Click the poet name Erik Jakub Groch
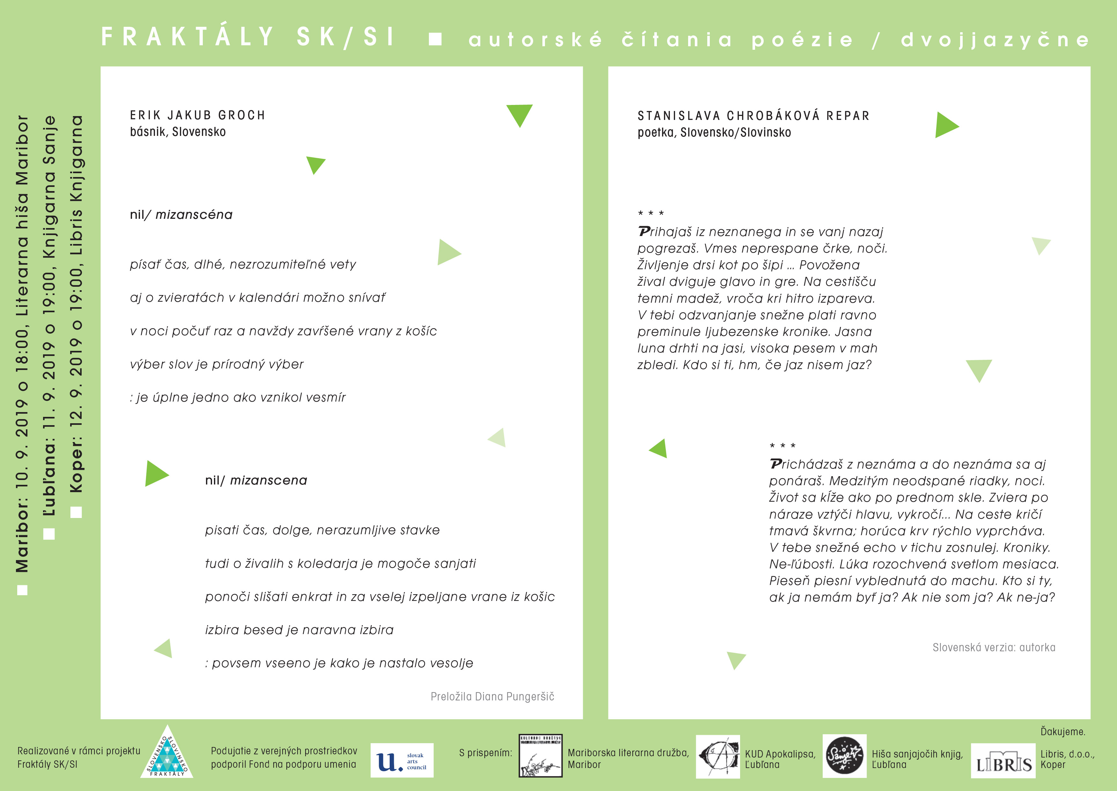(197, 115)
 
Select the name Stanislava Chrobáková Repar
(753, 116)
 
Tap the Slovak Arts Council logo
(402, 761)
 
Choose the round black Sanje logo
(844, 756)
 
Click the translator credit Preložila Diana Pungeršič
(492, 697)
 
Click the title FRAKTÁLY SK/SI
(248, 37)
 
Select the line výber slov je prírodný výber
(217, 364)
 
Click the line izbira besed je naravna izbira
(299, 630)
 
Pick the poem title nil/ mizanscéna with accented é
(181, 215)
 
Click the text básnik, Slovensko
(178, 132)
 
